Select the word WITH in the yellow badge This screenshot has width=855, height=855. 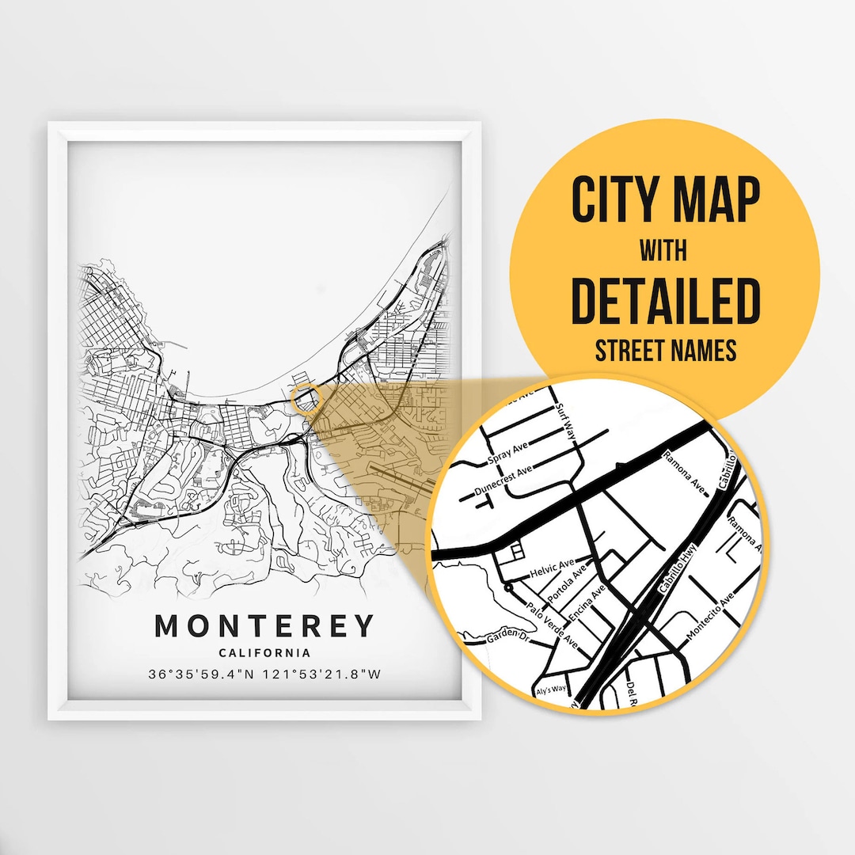[x=664, y=252]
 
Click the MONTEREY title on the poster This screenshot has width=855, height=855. [x=264, y=625]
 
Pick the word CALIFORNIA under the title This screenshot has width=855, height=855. [x=264, y=653]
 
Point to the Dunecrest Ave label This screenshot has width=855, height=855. [x=503, y=480]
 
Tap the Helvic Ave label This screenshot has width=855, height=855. [x=552, y=568]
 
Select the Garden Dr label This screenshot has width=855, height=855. [x=506, y=634]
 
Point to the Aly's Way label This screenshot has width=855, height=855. [x=552, y=689]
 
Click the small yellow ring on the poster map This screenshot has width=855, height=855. [x=305, y=400]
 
